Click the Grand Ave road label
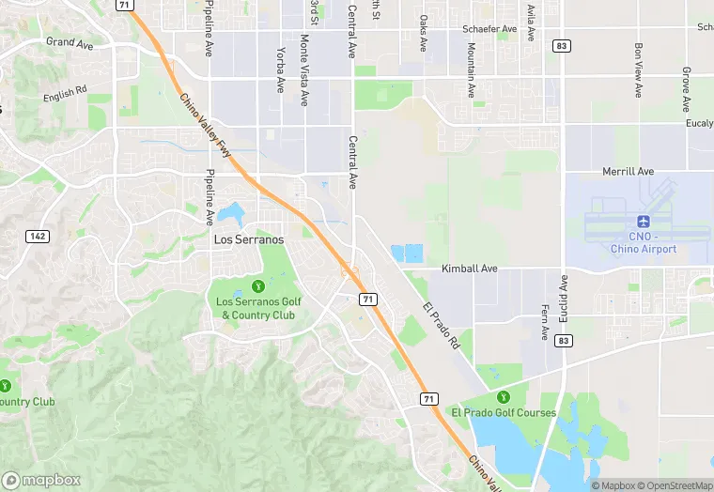[x=70, y=42]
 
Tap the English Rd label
[x=65, y=95]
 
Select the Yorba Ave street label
[x=280, y=70]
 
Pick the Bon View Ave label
[x=638, y=69]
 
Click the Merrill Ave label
[x=628, y=172]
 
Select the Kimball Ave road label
[x=470, y=269]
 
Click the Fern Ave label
[x=545, y=320]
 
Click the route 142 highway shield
[x=38, y=236]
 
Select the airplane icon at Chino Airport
[x=644, y=222]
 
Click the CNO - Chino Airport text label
[x=644, y=242]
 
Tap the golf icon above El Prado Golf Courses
[x=503, y=396]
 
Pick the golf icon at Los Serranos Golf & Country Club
[x=257, y=285]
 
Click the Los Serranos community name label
[x=249, y=239]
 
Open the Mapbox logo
[x=42, y=479]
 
